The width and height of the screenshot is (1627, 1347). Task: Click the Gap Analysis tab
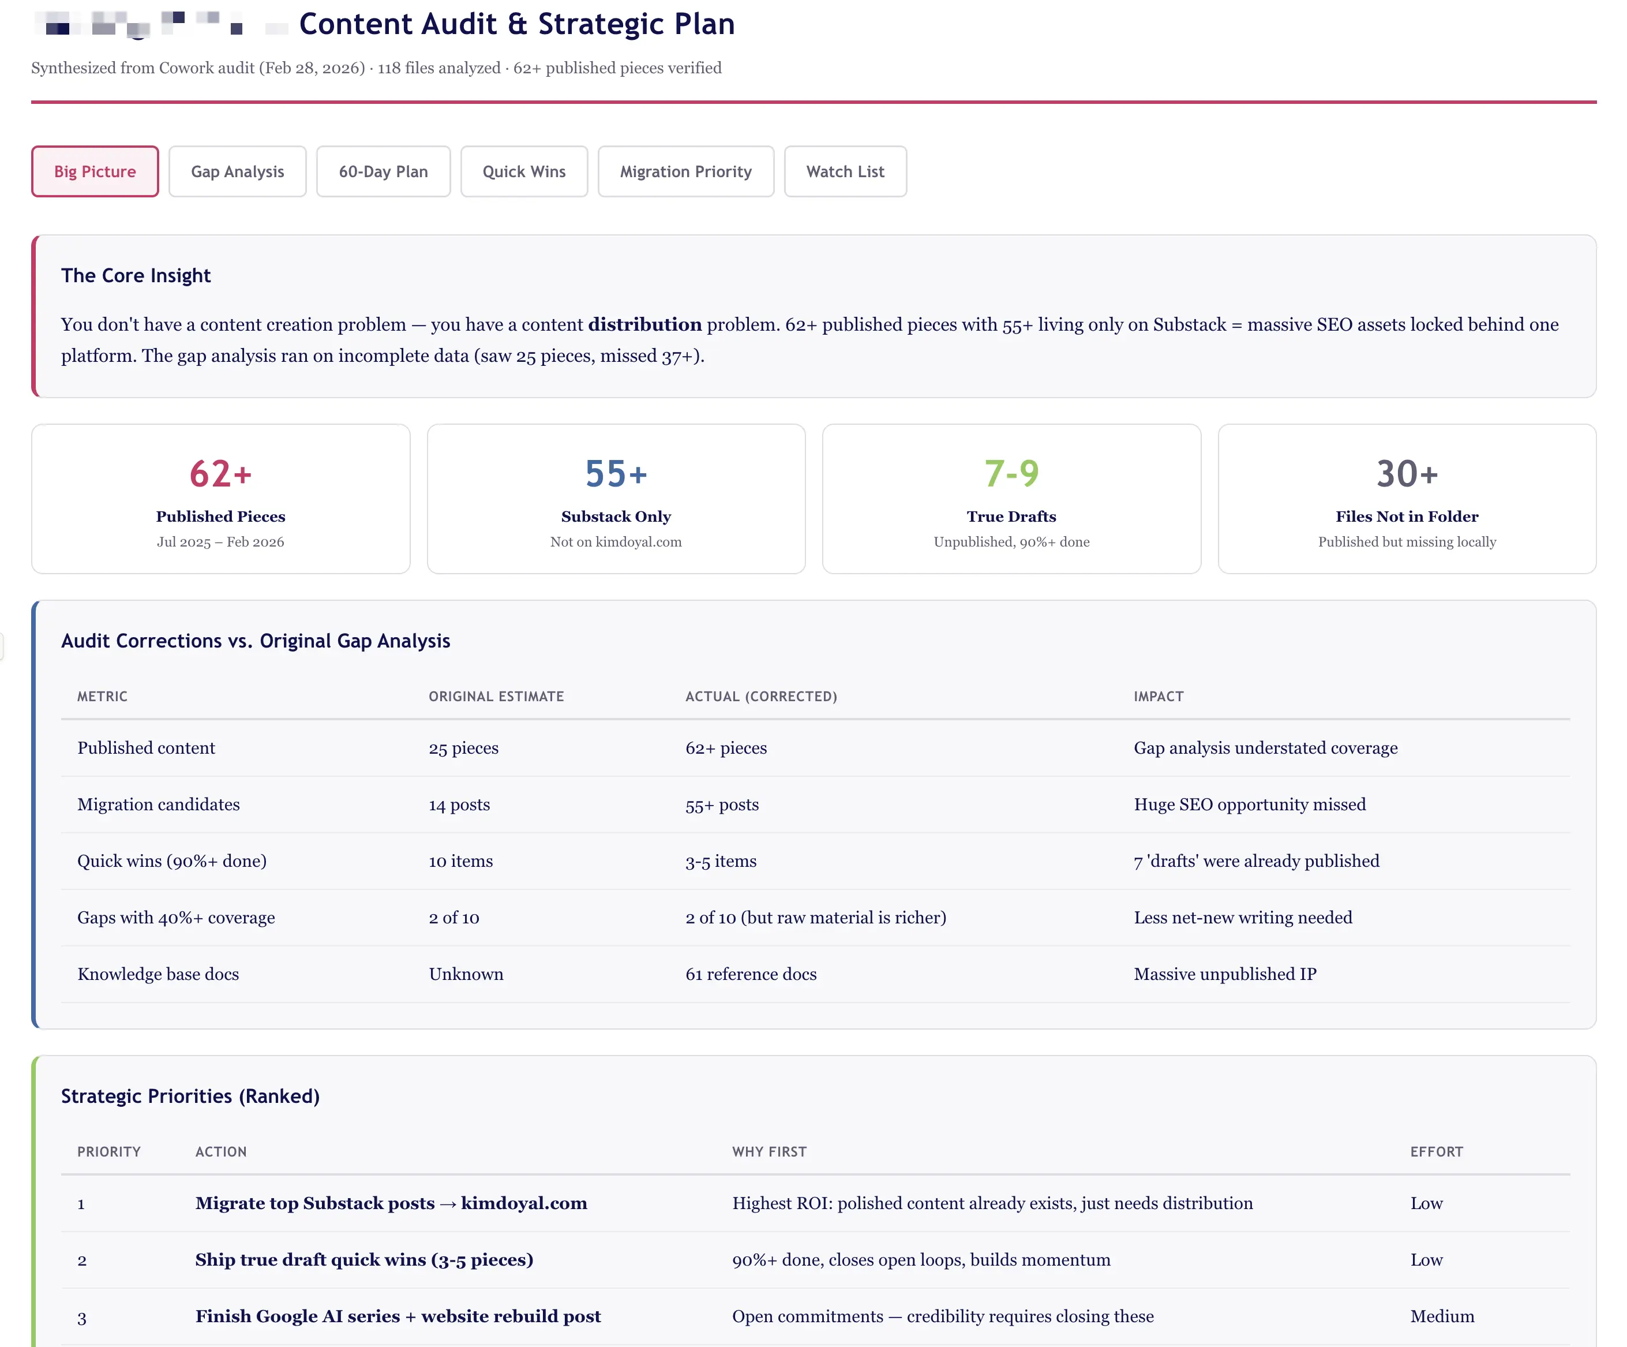coord(237,171)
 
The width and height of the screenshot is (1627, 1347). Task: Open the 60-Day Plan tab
coord(383,171)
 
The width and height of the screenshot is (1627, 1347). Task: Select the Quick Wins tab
coord(524,171)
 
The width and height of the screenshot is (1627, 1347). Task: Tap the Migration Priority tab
coord(685,171)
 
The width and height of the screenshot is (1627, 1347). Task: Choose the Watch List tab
coord(845,171)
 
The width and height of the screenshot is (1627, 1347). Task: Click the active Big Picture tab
coord(95,171)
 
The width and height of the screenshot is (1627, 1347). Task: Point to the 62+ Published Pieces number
coord(221,474)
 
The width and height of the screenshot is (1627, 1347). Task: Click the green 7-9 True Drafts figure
coord(1011,474)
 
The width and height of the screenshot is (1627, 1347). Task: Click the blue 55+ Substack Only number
coord(616,474)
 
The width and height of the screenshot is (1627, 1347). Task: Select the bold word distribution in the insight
coord(644,325)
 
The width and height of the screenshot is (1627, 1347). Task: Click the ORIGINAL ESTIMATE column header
coord(496,696)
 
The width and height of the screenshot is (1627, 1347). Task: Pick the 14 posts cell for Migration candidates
coord(459,805)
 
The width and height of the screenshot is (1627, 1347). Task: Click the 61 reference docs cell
coord(751,974)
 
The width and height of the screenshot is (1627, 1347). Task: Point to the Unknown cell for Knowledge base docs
coord(466,974)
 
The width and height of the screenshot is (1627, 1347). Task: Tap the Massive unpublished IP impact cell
coord(1225,974)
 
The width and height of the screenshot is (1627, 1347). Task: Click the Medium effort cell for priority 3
coord(1442,1316)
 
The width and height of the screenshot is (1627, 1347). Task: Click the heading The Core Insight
coord(136,276)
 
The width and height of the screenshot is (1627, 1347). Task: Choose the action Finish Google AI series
coord(398,1316)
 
